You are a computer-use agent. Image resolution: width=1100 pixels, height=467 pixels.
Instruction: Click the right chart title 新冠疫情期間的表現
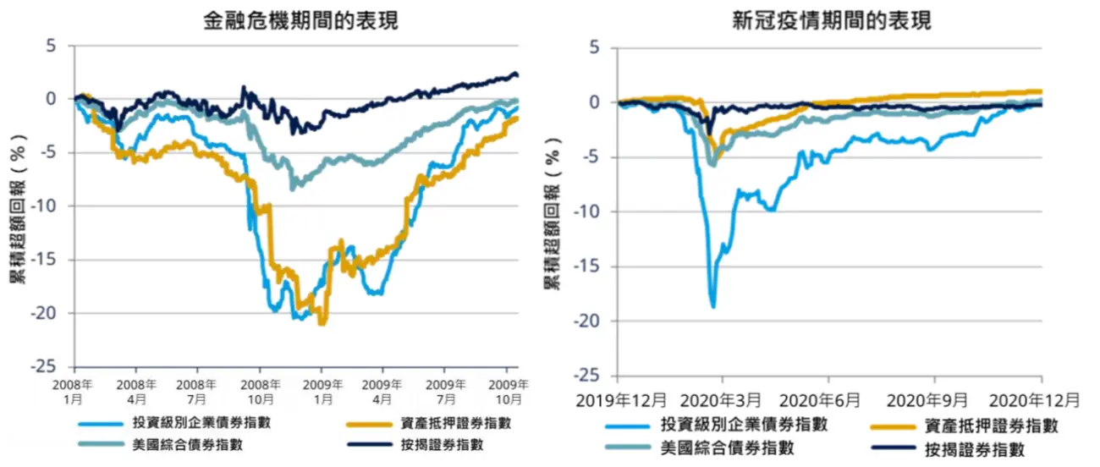832,21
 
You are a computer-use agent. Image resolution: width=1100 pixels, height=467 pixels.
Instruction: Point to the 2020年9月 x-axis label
935,398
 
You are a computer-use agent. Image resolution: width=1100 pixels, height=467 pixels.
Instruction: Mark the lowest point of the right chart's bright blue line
713,306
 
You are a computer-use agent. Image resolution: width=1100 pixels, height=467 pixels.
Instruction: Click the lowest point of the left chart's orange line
322,323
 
